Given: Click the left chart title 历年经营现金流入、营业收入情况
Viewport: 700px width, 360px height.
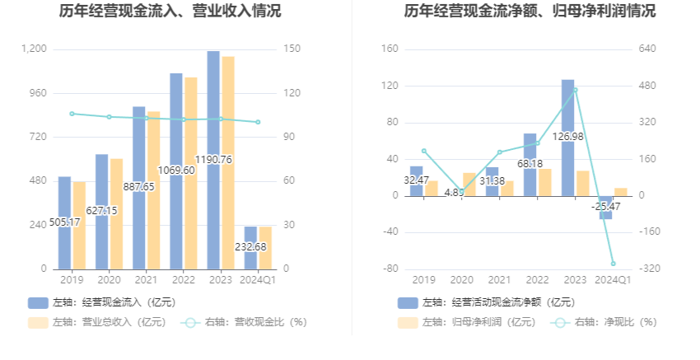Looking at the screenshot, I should (170, 12).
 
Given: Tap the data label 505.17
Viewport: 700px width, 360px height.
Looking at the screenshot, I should (64, 222).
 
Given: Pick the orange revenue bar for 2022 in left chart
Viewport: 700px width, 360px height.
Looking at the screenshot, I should (191, 173).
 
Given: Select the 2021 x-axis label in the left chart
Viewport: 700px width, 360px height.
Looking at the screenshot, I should (146, 279).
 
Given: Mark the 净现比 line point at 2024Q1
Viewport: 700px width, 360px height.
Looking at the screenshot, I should (613, 264).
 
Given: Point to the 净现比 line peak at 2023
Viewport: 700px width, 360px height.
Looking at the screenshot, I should (575, 90).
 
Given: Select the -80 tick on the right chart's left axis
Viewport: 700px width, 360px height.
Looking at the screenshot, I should (390, 269).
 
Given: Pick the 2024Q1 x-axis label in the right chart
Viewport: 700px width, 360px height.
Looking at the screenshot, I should (613, 279).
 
